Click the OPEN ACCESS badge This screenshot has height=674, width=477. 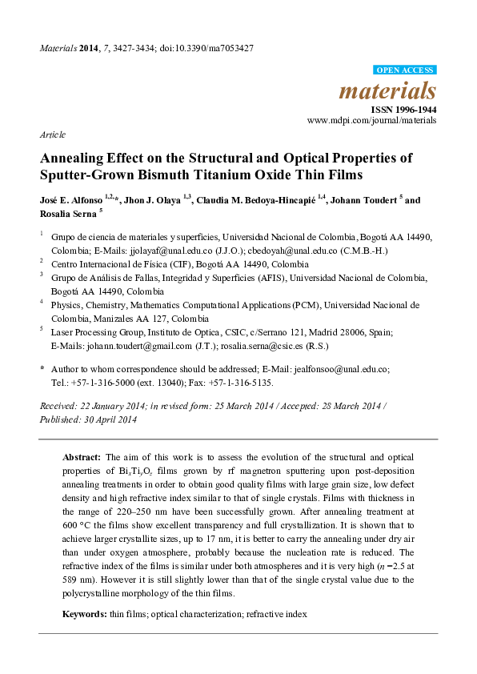pyautogui.click(x=406, y=70)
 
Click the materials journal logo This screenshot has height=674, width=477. pyautogui.click(x=389, y=90)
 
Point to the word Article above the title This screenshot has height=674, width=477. pyautogui.click(x=53, y=134)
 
